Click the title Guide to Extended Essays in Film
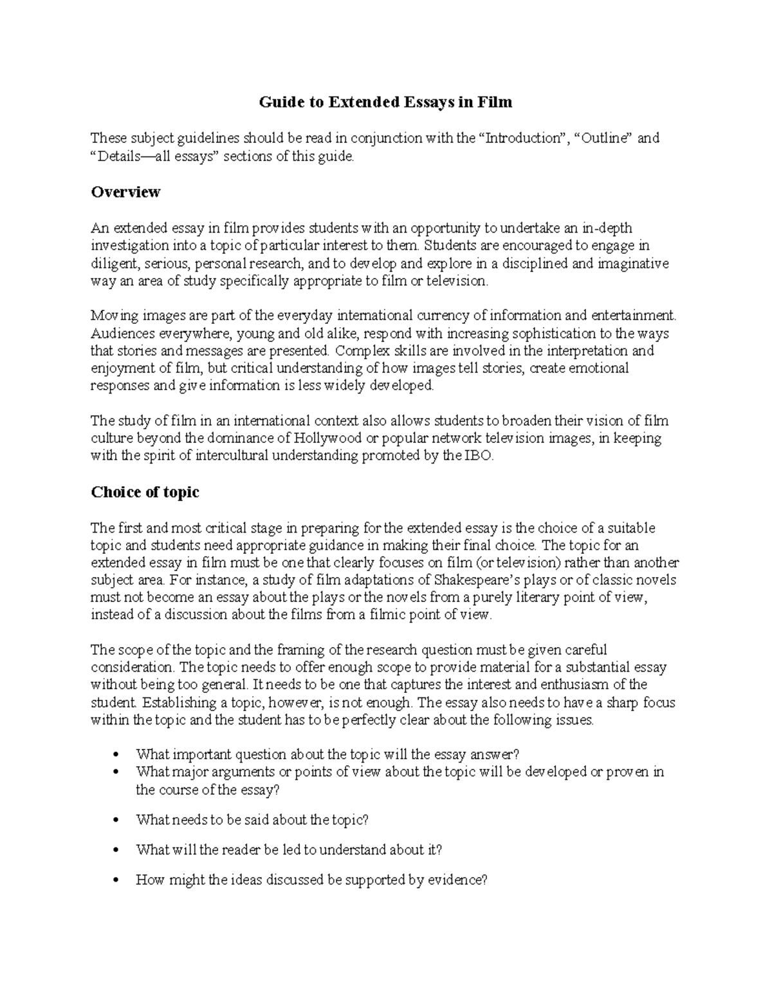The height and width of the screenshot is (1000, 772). click(385, 102)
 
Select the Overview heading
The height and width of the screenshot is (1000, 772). click(125, 192)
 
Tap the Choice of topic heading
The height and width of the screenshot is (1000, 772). click(145, 492)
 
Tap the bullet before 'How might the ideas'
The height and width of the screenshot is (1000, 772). click(116, 881)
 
